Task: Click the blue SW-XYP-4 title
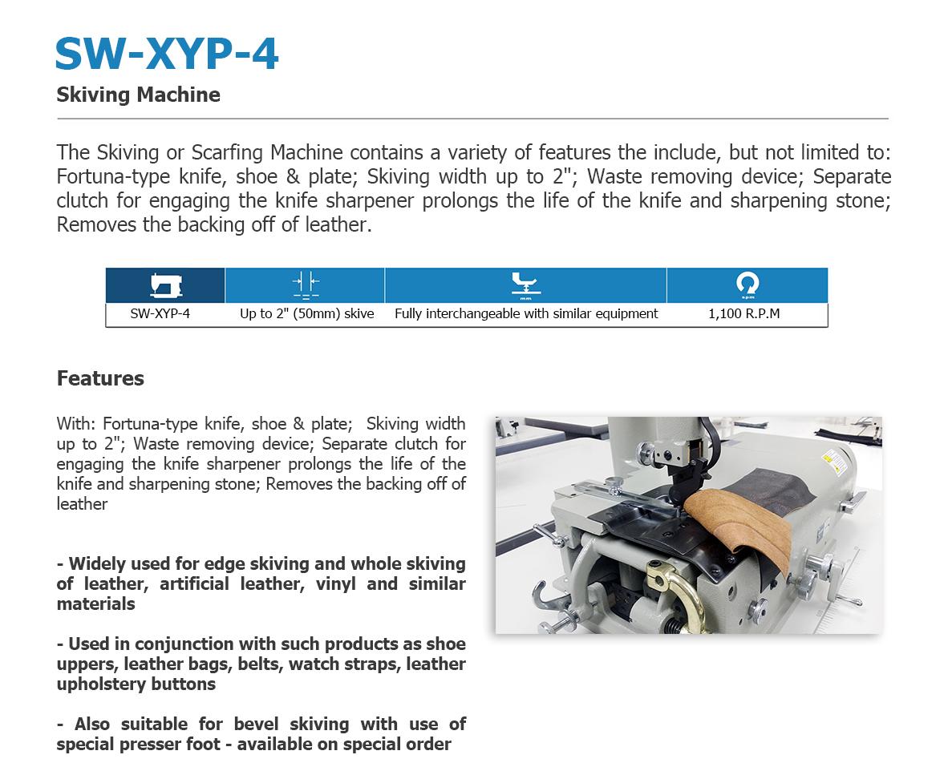[x=167, y=54]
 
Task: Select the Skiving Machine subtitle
[x=139, y=95]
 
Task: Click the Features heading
[x=100, y=378]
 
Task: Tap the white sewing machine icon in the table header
[x=166, y=285]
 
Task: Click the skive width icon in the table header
[x=306, y=285]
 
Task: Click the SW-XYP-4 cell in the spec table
[x=160, y=313]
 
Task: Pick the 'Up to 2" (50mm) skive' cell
[x=307, y=313]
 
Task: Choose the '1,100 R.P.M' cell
[x=744, y=313]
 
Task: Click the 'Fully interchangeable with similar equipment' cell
[x=526, y=313]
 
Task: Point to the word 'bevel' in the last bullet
[x=256, y=724]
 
